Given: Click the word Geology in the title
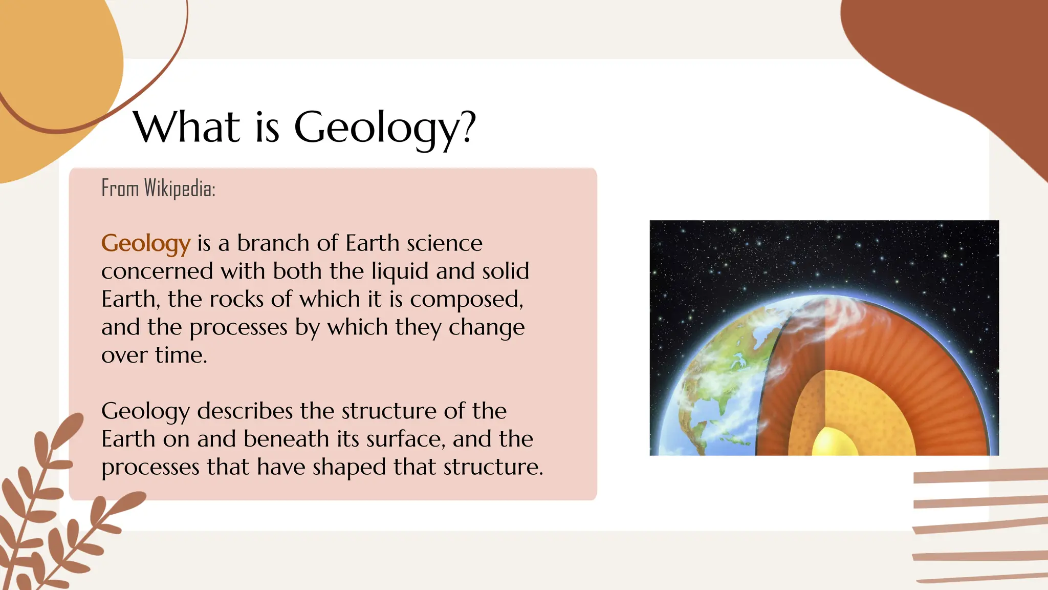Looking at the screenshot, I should (x=378, y=128).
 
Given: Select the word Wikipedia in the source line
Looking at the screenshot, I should (x=180, y=188).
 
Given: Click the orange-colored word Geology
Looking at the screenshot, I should (x=146, y=243).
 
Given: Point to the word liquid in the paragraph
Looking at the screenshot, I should (x=400, y=271).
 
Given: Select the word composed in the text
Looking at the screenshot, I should (x=466, y=300).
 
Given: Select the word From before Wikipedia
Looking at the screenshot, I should (x=120, y=188).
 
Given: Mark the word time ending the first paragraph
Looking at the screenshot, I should (x=181, y=355).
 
